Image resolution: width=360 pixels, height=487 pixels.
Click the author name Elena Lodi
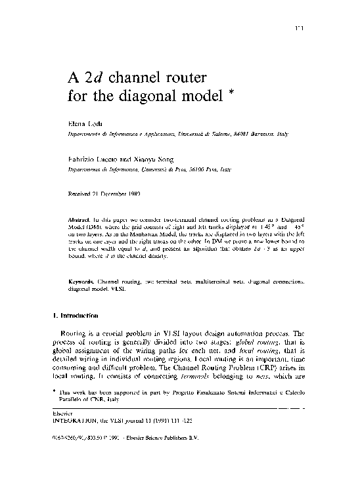pyautogui.click(x=84, y=123)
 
